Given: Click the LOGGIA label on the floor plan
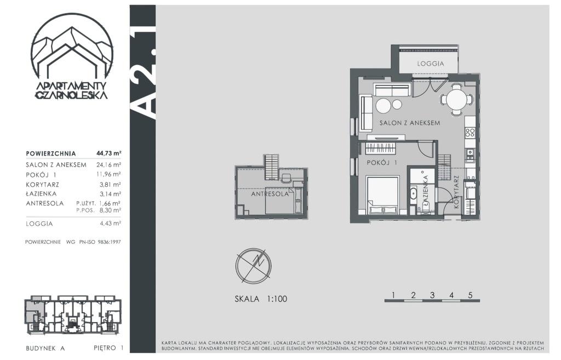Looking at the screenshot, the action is point(431,64).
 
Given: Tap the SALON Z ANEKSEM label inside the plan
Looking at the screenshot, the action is point(410,123).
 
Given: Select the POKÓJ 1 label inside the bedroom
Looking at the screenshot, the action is point(382,162).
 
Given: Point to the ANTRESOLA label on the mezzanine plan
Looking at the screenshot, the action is point(270,194).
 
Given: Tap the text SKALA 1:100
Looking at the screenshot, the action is point(261,299).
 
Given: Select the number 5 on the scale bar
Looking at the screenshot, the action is point(470,295).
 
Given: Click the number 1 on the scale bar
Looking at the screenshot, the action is point(393,295).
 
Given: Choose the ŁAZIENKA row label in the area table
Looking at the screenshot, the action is point(42,193).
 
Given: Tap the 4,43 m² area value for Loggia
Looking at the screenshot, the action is point(111,224).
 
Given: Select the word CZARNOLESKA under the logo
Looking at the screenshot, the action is point(72,95).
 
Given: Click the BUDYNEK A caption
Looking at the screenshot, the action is point(45,348).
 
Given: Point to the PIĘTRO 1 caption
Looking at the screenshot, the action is point(108,348).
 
